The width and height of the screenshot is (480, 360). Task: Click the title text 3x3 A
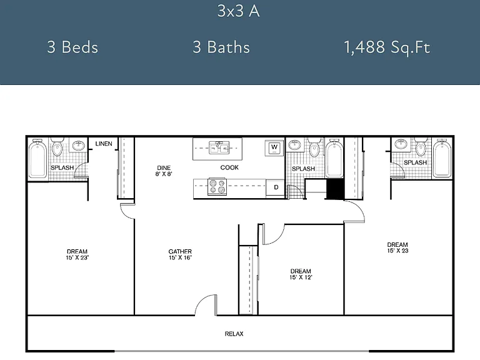pos(239,11)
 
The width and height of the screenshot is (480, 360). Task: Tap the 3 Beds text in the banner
pos(72,47)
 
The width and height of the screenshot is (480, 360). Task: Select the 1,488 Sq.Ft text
pos(387,47)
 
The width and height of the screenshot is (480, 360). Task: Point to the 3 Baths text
pos(221,47)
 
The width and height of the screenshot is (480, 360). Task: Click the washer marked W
pos(274,148)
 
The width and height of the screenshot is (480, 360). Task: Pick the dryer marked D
pos(276,187)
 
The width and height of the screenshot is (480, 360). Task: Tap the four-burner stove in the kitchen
pos(217,187)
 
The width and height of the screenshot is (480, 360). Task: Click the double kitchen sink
pos(219,148)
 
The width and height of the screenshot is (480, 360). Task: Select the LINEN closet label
pos(104,144)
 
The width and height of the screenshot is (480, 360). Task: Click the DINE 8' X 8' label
pos(164,171)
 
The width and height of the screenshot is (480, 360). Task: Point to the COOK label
pos(229,167)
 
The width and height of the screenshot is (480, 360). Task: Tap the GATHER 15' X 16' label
pos(180,254)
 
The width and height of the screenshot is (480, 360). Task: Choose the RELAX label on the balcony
pos(234,334)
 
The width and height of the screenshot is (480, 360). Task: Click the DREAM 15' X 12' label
pos(301,274)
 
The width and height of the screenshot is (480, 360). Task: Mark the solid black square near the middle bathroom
pos(335,189)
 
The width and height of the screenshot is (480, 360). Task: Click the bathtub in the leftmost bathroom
pos(38,158)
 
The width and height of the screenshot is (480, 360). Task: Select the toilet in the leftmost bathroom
pos(57,147)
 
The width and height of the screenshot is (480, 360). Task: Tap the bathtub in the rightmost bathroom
pos(442,158)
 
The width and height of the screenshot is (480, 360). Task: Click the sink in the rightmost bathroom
pos(401,144)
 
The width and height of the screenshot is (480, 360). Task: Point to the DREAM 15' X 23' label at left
pos(77,254)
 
